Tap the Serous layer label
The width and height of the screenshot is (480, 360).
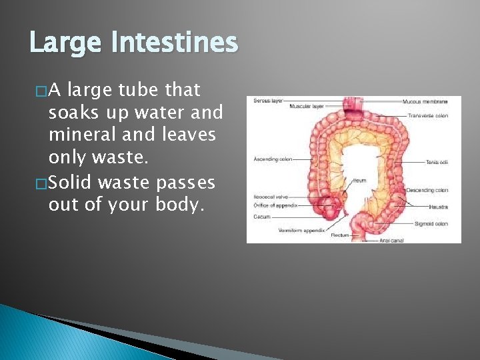click(x=267, y=101)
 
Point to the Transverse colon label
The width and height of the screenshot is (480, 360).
click(x=427, y=116)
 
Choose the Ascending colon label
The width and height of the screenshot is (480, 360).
click(x=273, y=159)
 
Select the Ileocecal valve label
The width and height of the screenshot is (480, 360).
click(x=269, y=197)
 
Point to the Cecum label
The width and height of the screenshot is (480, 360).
click(x=261, y=216)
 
